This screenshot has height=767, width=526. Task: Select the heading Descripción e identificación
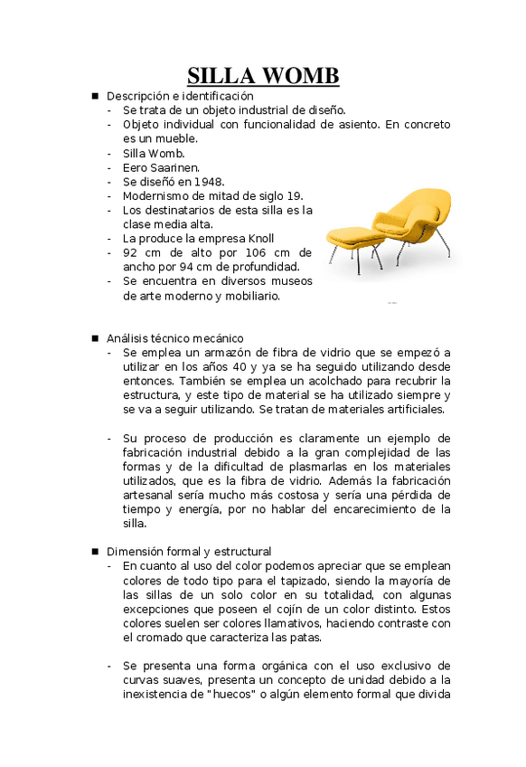point(180,95)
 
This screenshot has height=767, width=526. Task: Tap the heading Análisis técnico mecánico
point(174,338)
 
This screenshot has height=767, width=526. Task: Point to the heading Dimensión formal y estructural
point(189,551)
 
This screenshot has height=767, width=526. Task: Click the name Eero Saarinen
point(161,167)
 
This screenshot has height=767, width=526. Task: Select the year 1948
point(209,182)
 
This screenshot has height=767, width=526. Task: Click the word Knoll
point(281,239)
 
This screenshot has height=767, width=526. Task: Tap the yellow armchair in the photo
point(407,222)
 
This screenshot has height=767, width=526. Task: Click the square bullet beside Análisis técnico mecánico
point(94,338)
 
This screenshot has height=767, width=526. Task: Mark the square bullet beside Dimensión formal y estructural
point(94,551)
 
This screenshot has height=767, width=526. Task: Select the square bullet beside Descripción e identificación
point(94,95)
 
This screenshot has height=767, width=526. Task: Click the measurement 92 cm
point(143,252)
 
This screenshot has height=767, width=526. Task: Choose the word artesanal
point(151,495)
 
